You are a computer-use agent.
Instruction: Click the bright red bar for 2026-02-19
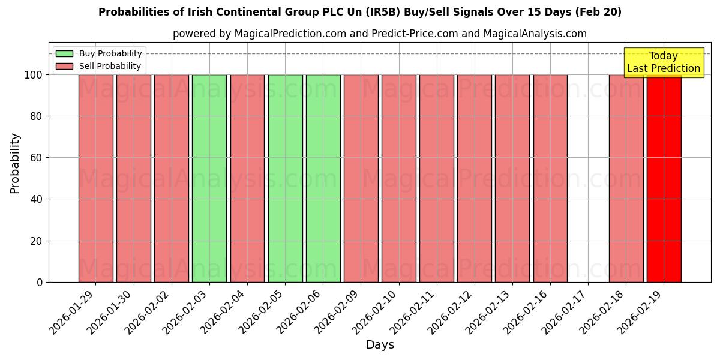click(664, 178)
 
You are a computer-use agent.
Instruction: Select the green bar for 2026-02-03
click(209, 178)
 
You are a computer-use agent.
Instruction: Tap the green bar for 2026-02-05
click(285, 178)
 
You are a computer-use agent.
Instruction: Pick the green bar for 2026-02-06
click(323, 178)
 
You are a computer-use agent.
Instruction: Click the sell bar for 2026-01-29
click(95, 178)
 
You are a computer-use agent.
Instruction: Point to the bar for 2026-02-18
click(626, 178)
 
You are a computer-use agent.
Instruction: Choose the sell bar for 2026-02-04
click(247, 178)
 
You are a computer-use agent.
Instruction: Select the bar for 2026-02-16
click(550, 178)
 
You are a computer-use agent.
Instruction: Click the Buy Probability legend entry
click(99, 53)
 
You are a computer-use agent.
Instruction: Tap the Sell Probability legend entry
click(99, 66)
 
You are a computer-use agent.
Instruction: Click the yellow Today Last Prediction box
click(664, 62)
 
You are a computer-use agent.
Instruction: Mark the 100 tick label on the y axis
click(33, 75)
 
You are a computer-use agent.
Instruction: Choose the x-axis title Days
click(380, 345)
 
